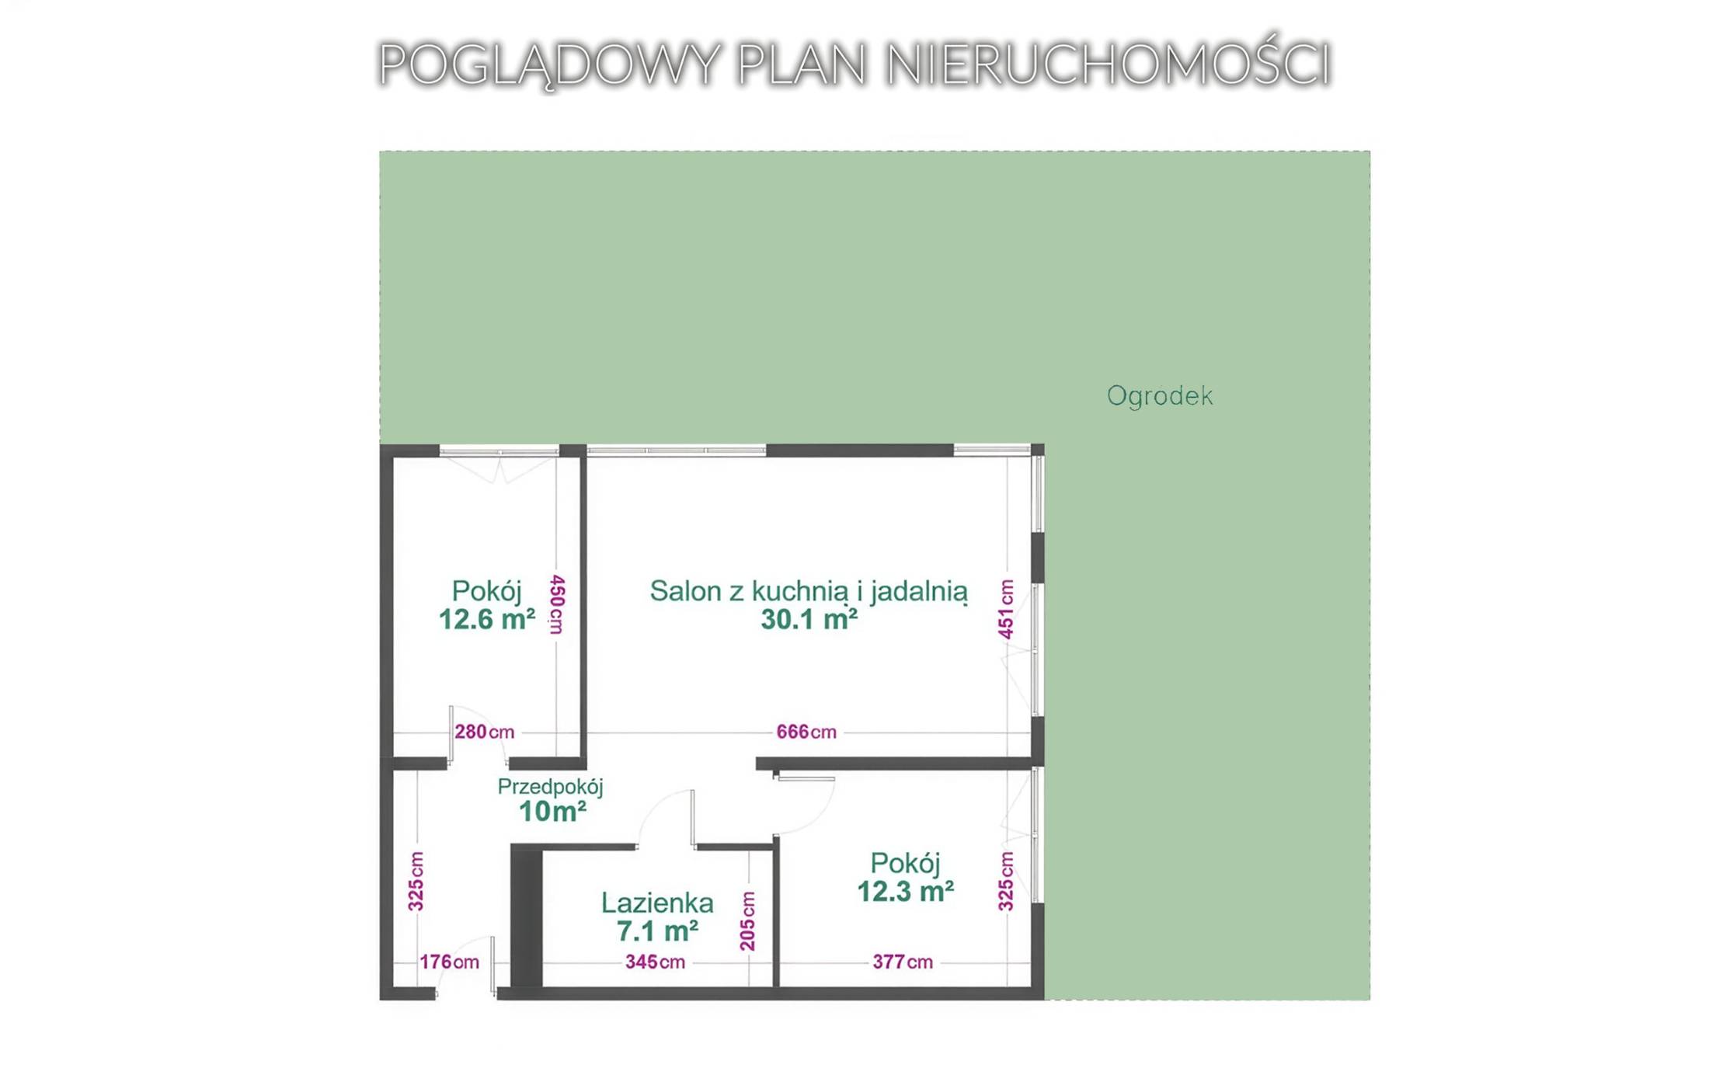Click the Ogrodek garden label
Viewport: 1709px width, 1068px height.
[x=1159, y=396]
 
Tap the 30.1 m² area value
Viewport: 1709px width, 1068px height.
[x=809, y=620]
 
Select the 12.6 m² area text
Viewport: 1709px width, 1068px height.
[x=486, y=620]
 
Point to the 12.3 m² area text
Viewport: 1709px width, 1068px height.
[x=905, y=892]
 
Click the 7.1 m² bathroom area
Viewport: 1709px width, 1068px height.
[x=657, y=931]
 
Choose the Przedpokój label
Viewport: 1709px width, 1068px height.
[x=550, y=787]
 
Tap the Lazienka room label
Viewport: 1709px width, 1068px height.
[x=657, y=903]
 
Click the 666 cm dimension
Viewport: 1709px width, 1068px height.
[x=806, y=732]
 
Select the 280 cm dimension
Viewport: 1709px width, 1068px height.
[x=484, y=732]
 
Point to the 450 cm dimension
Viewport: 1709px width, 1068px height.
[x=557, y=604]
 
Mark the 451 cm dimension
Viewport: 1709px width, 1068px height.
[x=1006, y=609]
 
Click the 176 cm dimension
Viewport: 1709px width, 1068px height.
[x=449, y=962]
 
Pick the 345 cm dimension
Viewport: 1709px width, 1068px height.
[x=655, y=962]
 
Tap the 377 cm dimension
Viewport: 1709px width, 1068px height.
[x=902, y=962]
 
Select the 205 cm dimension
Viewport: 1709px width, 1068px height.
[x=747, y=921]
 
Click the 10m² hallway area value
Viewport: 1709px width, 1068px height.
[x=552, y=812]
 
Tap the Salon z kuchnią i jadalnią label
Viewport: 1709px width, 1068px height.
[x=809, y=592]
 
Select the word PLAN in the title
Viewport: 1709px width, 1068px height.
[x=802, y=64]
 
